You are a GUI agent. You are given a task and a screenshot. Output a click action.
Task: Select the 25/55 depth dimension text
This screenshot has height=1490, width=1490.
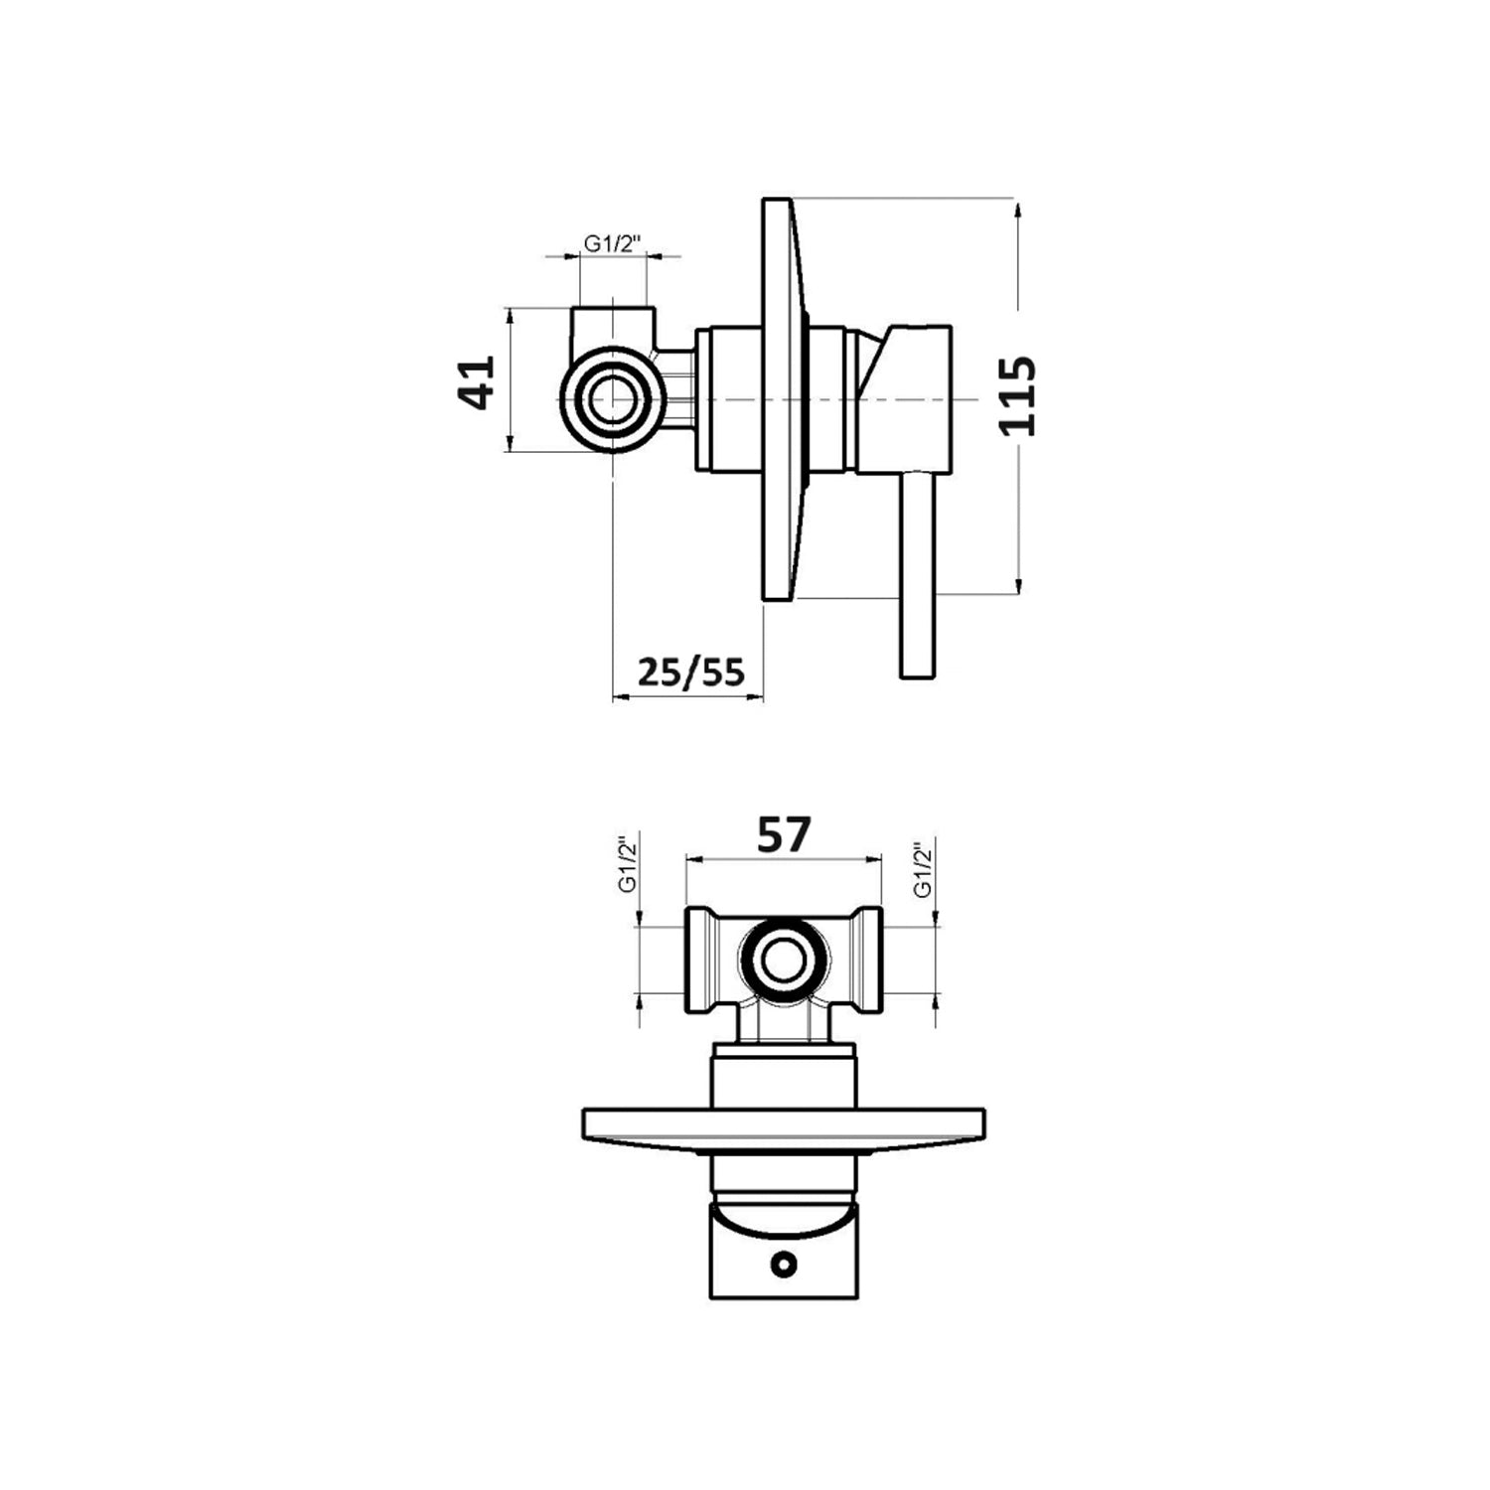(690, 672)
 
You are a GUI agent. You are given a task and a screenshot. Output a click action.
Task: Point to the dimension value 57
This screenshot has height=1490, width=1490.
(784, 835)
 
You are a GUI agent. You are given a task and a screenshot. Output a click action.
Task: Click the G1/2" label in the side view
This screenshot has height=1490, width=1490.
(613, 242)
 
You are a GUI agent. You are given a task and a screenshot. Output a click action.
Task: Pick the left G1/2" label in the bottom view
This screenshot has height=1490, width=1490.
(626, 866)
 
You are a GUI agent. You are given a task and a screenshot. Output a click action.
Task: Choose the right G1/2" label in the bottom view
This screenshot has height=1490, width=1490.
(923, 870)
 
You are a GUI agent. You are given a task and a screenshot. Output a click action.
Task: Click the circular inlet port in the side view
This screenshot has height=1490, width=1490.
(612, 398)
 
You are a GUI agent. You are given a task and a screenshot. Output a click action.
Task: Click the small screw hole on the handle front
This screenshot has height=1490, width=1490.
(784, 1265)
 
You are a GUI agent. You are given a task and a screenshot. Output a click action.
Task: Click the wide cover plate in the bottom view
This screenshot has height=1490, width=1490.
(784, 1131)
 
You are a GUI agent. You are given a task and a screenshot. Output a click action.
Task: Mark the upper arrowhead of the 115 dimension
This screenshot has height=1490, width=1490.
(1018, 209)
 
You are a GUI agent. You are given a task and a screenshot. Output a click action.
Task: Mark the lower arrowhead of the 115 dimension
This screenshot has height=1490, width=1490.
(1018, 588)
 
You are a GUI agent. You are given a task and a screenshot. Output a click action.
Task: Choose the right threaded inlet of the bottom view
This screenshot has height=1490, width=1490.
(865, 961)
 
